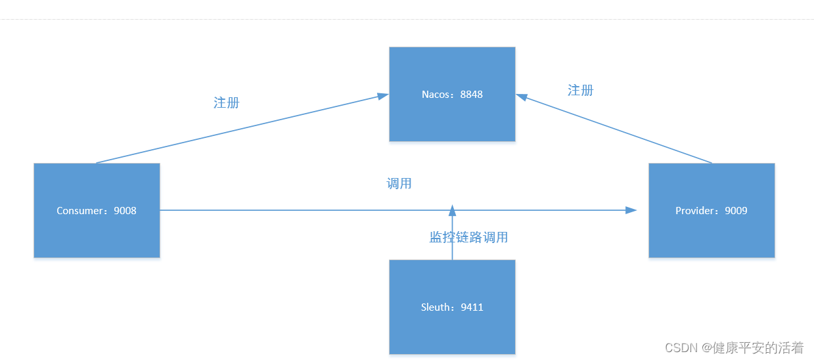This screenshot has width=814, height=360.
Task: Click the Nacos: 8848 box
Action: pos(452,94)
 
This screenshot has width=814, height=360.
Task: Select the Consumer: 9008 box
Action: pos(97,210)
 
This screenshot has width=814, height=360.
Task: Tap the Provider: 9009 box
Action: pos(712,210)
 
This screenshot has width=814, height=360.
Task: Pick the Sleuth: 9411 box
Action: pos(452,307)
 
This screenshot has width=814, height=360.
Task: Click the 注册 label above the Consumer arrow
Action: pos(227,102)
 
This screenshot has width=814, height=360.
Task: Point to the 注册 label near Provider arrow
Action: pos(580,90)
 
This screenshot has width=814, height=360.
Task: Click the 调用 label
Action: pos(399,183)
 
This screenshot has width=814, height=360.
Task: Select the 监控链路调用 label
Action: pos(468,237)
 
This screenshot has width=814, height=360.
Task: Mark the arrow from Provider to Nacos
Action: pos(618,129)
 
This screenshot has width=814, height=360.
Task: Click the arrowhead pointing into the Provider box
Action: pos(631,210)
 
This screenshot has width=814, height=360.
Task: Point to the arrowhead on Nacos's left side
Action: pos(383,96)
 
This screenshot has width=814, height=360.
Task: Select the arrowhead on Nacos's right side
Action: pos(522,97)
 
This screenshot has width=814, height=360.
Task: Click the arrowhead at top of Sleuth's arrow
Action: pos(452,210)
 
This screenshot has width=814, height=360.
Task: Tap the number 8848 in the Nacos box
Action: pos(471,94)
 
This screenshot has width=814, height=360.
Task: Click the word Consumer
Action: pos(81,211)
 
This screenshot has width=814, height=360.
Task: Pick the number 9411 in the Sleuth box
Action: pos(472,307)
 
